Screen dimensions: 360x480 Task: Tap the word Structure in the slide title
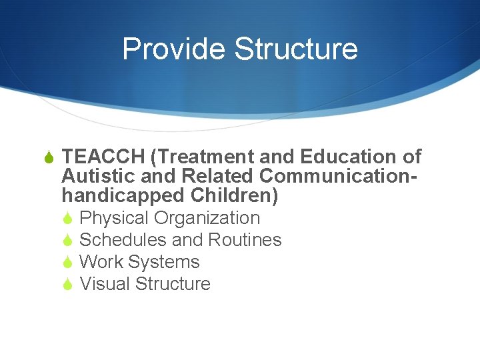click(x=297, y=49)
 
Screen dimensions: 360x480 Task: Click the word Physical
click(x=114, y=218)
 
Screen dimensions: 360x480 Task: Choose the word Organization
click(x=207, y=218)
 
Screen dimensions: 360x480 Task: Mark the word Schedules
click(x=123, y=240)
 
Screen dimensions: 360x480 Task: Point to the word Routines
click(x=245, y=240)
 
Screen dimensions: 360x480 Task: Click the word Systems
click(x=164, y=262)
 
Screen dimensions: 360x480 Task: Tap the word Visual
click(x=105, y=284)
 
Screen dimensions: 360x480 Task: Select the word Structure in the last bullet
click(x=173, y=284)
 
